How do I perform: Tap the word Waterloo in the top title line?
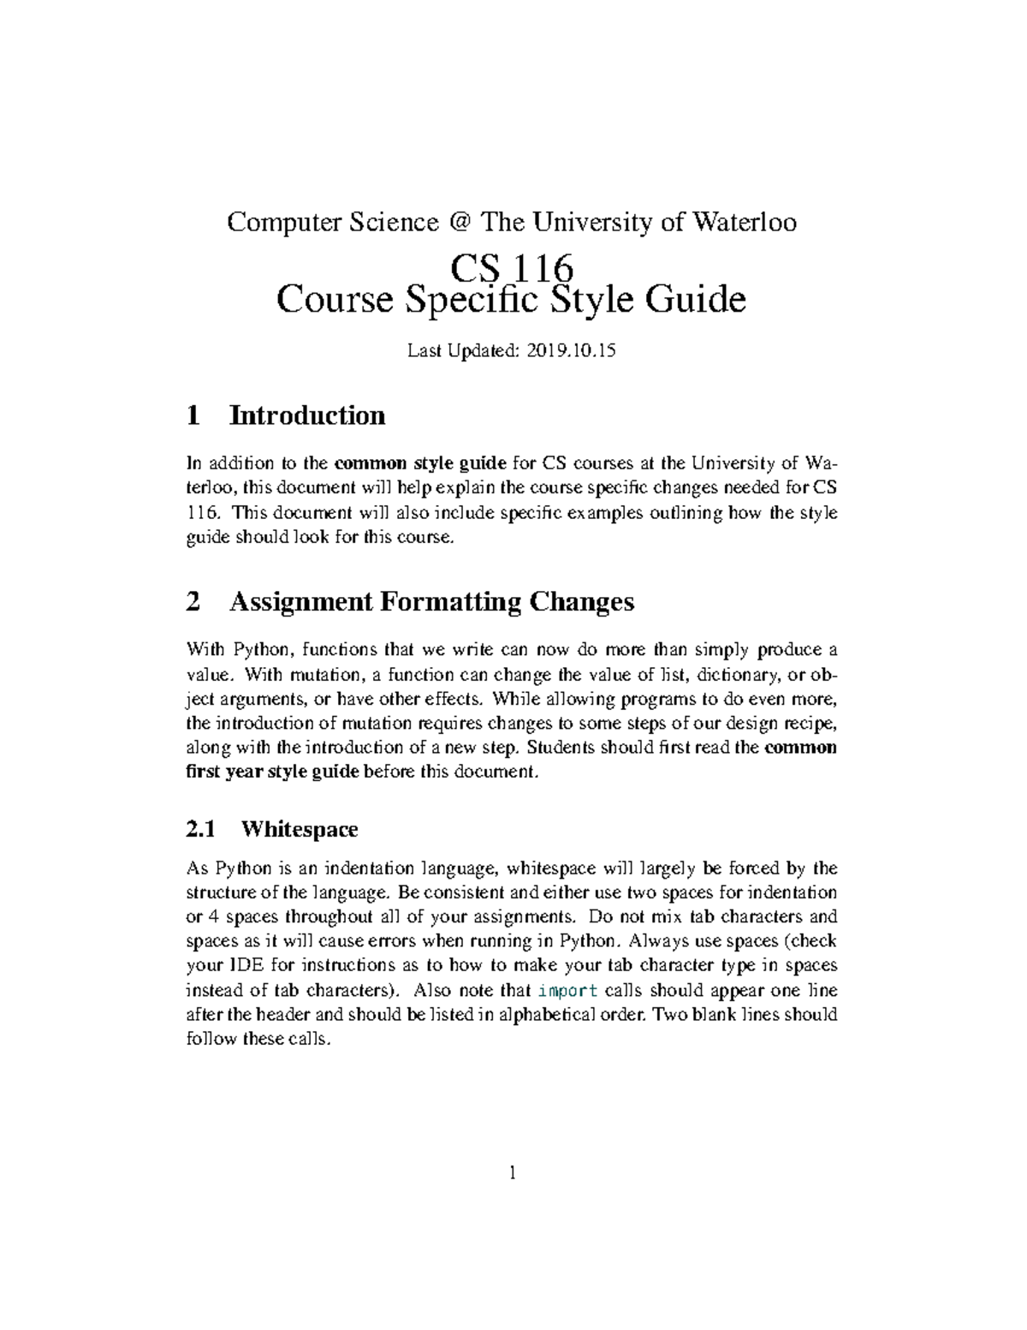coord(744,223)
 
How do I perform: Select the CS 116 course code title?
coord(512,268)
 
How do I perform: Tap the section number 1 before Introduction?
coord(193,416)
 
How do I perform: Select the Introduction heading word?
coord(307,416)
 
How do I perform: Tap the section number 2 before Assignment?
coord(193,602)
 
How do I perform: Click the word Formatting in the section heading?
coord(450,602)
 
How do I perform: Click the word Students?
coord(558,748)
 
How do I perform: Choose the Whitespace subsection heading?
coord(300,829)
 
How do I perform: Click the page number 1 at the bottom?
coord(512,1173)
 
